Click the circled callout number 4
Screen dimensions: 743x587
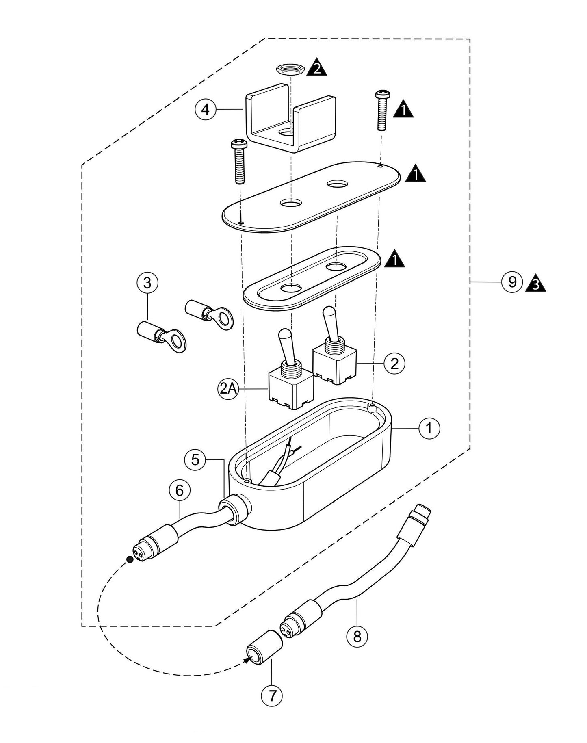[206, 109]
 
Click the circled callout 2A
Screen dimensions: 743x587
[227, 389]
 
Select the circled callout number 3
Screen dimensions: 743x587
[147, 282]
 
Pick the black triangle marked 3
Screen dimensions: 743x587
[535, 284]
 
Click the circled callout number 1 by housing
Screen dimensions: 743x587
[429, 428]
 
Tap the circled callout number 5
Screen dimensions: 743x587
[195, 460]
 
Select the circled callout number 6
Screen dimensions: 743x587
[180, 491]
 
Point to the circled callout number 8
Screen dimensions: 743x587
[357, 637]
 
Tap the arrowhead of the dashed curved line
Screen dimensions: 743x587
[247, 661]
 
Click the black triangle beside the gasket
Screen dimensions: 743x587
[395, 259]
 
